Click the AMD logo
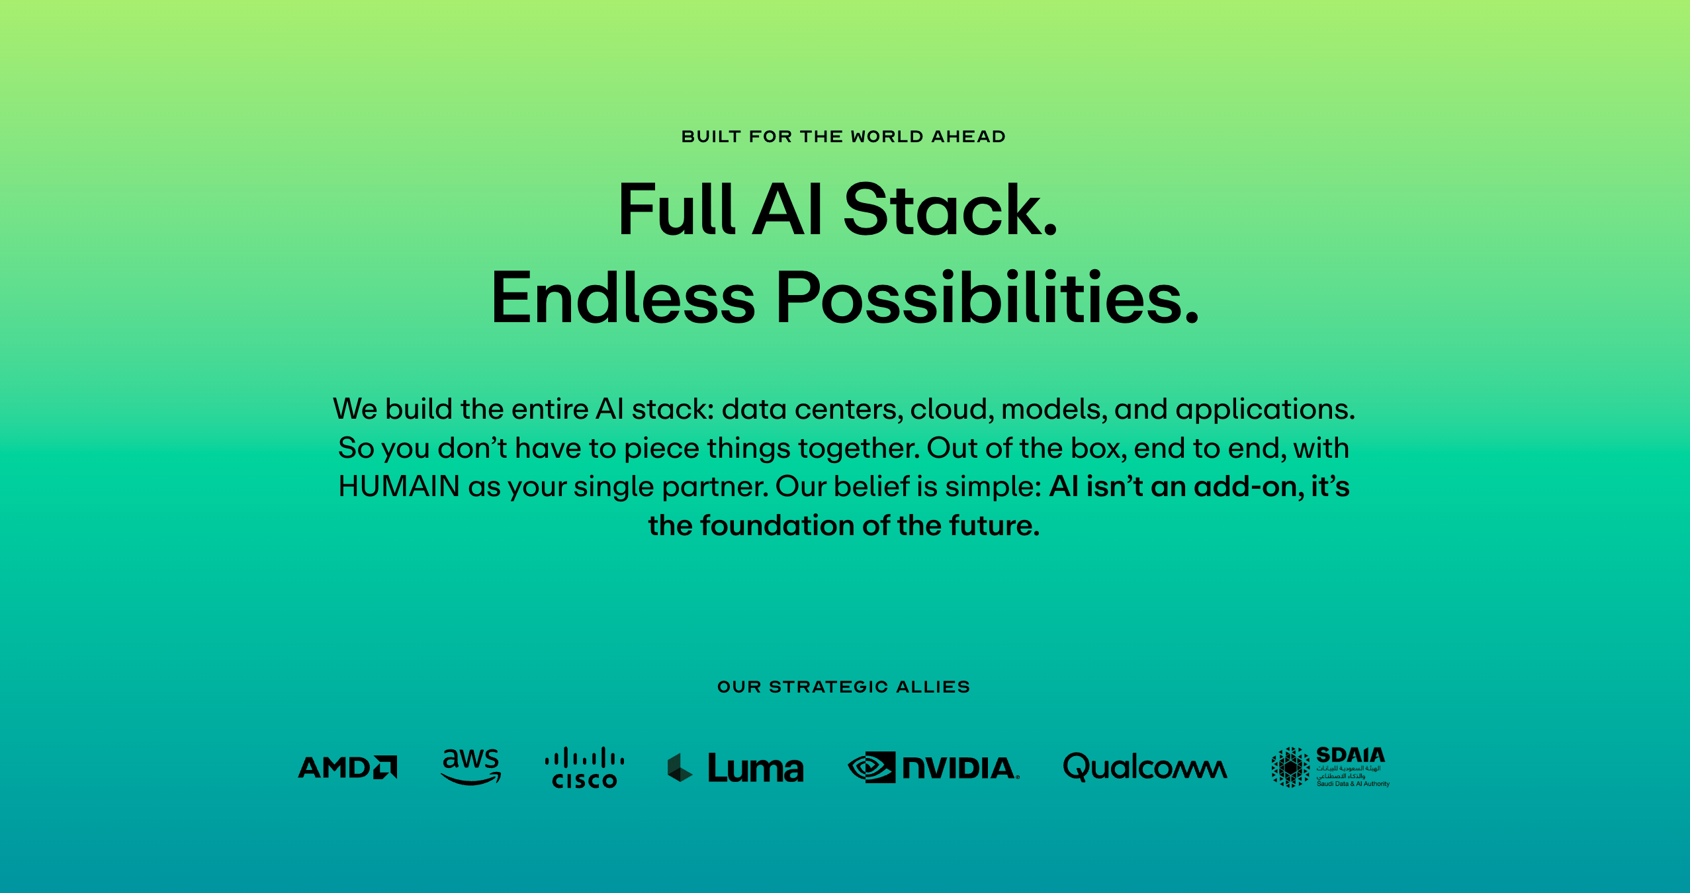click(347, 767)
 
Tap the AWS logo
click(471, 767)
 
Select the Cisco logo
click(584, 768)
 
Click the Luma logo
click(736, 768)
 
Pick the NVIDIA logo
click(934, 767)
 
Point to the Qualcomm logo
click(1145, 767)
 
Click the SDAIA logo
click(1330, 767)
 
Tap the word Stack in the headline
click(950, 210)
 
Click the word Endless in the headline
click(623, 298)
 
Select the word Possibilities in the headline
click(987, 298)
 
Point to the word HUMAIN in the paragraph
click(399, 486)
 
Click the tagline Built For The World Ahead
click(844, 136)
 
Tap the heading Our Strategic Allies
click(844, 687)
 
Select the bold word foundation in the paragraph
click(778, 525)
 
